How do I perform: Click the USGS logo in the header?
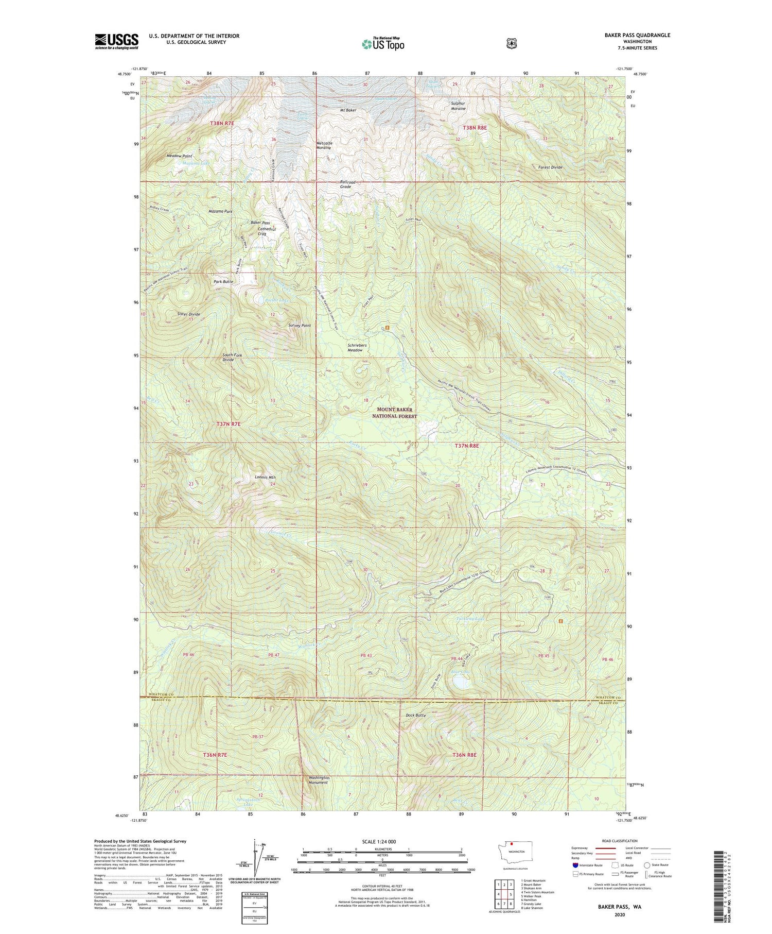click(116, 41)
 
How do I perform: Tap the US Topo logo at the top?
click(383, 44)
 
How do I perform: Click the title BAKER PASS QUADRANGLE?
click(637, 35)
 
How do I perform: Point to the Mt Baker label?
click(348, 110)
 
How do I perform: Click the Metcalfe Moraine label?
click(324, 145)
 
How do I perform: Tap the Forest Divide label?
click(550, 167)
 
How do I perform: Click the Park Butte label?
click(223, 282)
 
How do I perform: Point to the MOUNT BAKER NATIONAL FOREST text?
click(395, 413)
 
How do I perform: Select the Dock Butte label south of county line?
click(415, 715)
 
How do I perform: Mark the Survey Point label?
click(300, 326)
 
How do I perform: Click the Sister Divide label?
click(188, 314)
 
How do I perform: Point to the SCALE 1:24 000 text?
click(379, 841)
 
